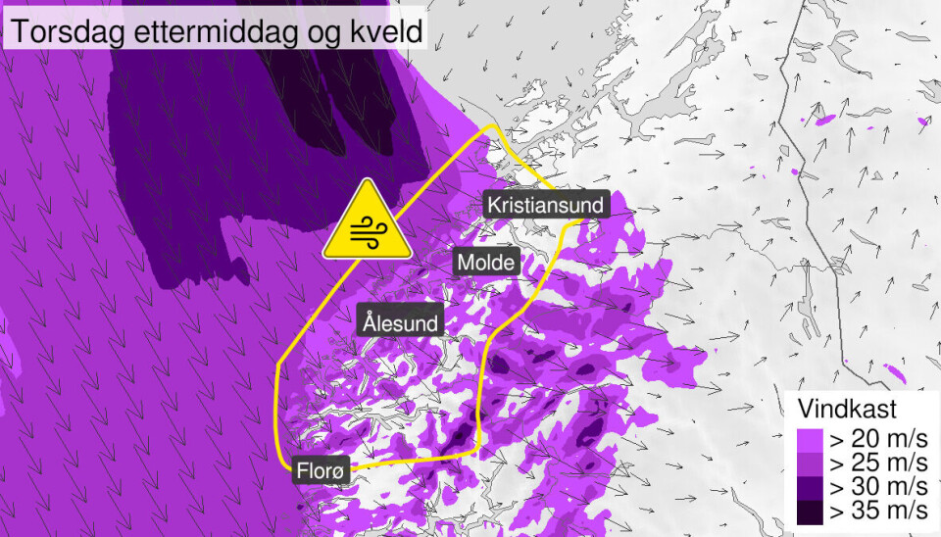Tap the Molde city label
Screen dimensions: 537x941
click(x=486, y=262)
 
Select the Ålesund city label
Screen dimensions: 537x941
click(x=400, y=320)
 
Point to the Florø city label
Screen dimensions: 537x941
click(x=321, y=471)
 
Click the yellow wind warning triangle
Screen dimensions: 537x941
click(x=368, y=224)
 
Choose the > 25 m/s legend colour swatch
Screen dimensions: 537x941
click(x=811, y=463)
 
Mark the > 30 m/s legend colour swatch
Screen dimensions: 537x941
click(x=811, y=487)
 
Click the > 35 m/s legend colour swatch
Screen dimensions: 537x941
click(x=811, y=512)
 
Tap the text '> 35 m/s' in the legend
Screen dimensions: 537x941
click(x=877, y=512)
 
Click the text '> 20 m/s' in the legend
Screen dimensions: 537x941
click(x=877, y=438)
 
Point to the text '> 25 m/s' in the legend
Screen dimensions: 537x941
click(x=877, y=463)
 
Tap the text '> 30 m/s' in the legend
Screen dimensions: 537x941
click(x=877, y=487)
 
